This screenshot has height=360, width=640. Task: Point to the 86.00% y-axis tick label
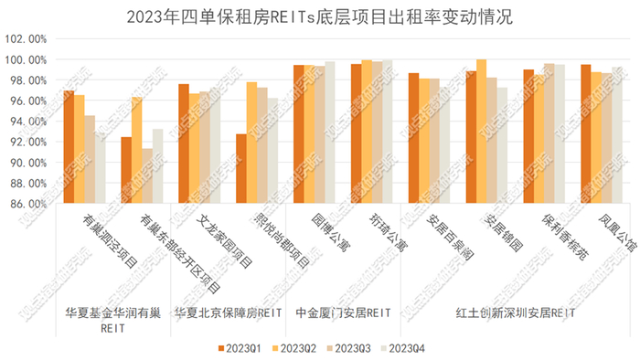(x=26, y=204)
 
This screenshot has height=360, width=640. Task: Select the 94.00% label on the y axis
(x=26, y=122)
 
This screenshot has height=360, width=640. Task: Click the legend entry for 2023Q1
(x=240, y=348)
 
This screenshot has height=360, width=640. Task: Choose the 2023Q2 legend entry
(x=293, y=348)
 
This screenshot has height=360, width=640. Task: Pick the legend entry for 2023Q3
(x=348, y=348)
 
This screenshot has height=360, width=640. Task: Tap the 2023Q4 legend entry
(x=402, y=348)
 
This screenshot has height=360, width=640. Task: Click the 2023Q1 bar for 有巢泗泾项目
(x=69, y=147)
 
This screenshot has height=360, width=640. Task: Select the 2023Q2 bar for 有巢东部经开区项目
(x=136, y=150)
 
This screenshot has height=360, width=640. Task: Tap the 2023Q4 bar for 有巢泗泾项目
(x=100, y=168)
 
